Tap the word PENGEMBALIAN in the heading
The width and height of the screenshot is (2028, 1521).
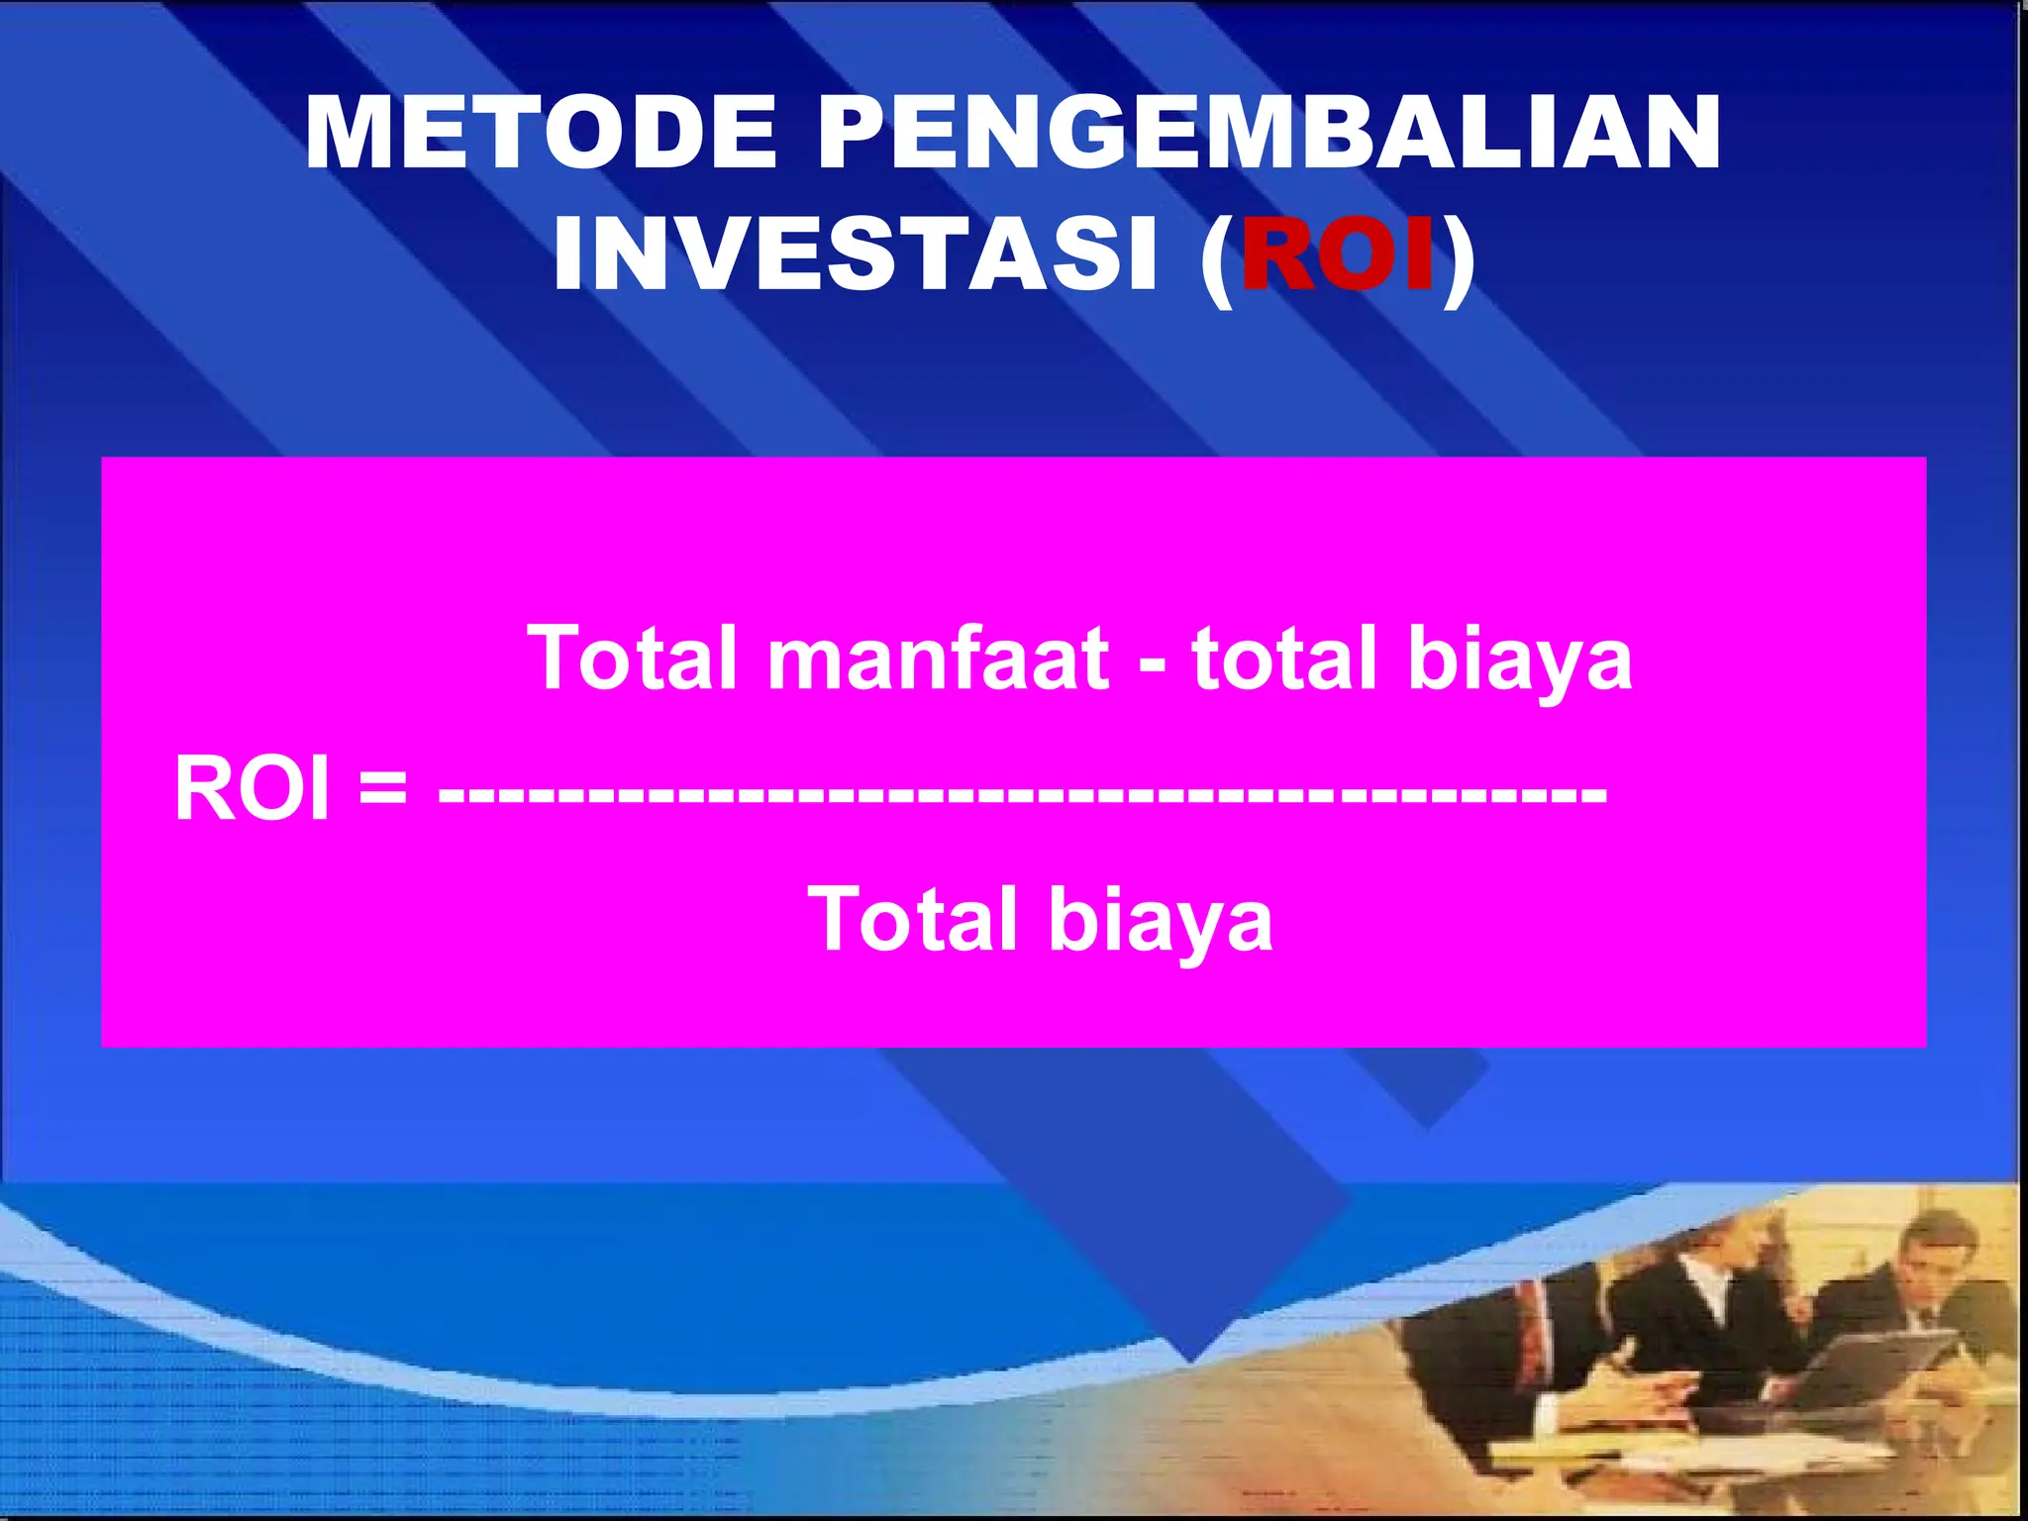coord(1269,134)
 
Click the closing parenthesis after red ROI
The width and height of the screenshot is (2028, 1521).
coord(1458,259)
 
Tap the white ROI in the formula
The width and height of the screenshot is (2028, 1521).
coord(252,789)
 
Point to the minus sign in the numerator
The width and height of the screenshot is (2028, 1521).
coord(1152,665)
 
